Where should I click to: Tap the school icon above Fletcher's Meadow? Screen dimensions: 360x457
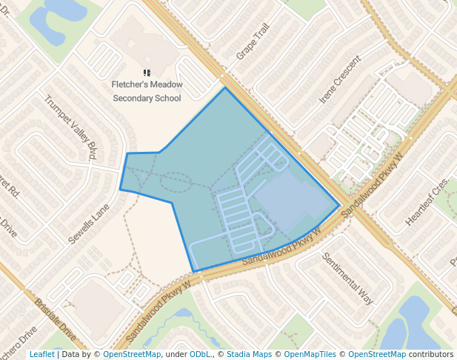pos(147,73)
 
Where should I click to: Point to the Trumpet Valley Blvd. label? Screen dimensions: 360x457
pos(71,127)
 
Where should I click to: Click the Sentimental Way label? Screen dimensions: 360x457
pos(347,278)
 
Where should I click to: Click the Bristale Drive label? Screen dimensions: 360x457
pos(56,319)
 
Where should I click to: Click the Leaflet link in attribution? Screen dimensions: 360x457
pos(41,355)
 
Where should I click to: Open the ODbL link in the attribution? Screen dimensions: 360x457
pos(201,355)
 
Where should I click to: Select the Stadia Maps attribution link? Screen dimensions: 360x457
pos(249,355)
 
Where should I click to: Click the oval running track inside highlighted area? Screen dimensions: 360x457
pos(176,181)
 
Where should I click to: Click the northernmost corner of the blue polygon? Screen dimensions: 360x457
pos(225,87)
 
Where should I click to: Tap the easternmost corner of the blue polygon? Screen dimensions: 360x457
pos(340,205)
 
